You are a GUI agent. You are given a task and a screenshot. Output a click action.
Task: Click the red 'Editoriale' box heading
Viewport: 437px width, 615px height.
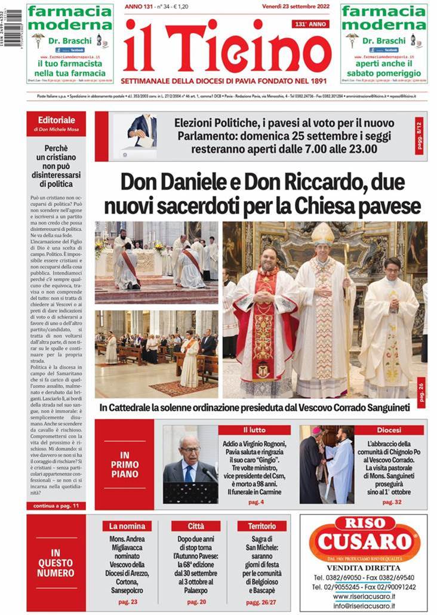[x=56, y=120]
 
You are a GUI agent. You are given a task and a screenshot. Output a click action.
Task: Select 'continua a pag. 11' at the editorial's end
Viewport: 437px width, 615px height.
[x=56, y=505]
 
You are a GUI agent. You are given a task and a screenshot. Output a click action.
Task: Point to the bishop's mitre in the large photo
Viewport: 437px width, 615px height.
[x=323, y=235]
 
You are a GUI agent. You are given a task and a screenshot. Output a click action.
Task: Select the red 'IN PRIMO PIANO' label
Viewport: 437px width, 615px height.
[x=124, y=465]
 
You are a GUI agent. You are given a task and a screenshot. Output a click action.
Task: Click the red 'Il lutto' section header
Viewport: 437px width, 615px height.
[x=254, y=430]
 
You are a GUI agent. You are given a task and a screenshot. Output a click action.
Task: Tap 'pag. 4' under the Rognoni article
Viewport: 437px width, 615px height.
[x=256, y=502]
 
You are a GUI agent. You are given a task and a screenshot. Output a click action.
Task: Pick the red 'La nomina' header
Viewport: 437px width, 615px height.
[x=127, y=526]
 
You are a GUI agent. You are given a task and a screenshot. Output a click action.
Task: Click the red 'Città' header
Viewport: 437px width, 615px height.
[x=195, y=526]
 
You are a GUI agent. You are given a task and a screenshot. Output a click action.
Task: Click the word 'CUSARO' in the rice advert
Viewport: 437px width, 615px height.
[x=364, y=542]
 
